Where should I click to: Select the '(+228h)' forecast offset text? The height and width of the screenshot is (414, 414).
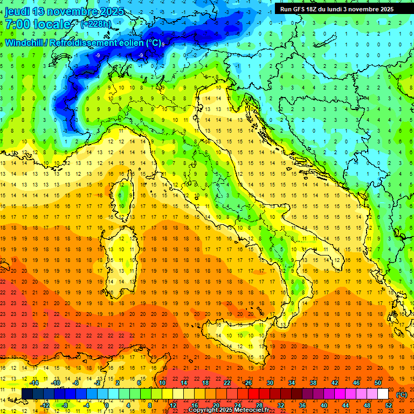[96, 24]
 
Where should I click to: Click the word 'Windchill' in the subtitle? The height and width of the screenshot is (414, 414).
[25, 43]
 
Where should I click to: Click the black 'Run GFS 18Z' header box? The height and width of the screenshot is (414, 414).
[336, 9]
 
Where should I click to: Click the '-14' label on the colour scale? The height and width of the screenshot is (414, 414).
[33, 383]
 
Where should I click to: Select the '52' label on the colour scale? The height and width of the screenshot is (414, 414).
[389, 405]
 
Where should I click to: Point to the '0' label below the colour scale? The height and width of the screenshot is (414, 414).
[107, 405]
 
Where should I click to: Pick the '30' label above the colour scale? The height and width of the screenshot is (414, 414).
[270, 383]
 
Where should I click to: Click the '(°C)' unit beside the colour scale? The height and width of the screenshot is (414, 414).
[402, 395]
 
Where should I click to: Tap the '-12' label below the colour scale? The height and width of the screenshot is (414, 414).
[45, 405]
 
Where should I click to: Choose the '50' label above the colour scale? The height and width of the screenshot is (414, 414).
[377, 383]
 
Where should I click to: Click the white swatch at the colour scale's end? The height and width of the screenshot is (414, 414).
[383, 394]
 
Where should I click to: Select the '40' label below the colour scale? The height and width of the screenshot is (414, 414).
[324, 405]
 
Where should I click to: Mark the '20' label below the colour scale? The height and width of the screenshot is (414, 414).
[216, 405]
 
